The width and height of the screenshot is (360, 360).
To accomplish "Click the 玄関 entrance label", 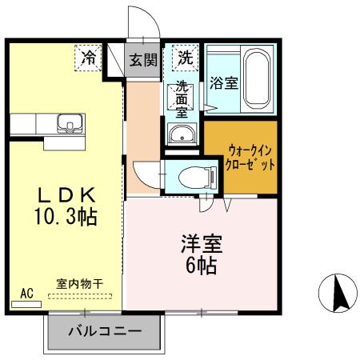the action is (x=143, y=60).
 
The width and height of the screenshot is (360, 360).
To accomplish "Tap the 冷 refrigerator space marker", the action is (x=88, y=58).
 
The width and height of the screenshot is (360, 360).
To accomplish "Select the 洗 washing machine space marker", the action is (x=186, y=58).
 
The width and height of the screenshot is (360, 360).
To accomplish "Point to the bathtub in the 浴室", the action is (x=256, y=78).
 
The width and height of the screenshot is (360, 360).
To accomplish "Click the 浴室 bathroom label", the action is (x=224, y=83).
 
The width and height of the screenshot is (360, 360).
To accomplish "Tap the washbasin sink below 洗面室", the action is (x=182, y=134).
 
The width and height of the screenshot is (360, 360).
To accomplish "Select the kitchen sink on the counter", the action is (x=70, y=123).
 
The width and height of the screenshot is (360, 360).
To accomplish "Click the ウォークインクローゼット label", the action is (x=250, y=158).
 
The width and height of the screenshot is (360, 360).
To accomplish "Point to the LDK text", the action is (x=66, y=195).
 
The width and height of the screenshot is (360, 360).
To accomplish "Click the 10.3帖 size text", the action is (x=66, y=216).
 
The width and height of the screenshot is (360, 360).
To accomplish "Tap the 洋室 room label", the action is (x=202, y=244).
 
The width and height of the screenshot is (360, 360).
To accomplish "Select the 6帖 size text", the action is (x=201, y=266).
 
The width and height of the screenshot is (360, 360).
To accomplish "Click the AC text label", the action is (x=27, y=294).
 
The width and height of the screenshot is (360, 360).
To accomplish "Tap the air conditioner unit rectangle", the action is (x=26, y=304).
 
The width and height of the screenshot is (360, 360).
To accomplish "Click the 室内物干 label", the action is (x=79, y=284).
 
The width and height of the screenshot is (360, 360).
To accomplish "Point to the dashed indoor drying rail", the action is (x=80, y=296).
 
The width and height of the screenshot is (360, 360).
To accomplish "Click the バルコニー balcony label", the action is (x=105, y=331).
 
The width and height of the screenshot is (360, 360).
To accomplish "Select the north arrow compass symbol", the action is (x=338, y=293).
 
